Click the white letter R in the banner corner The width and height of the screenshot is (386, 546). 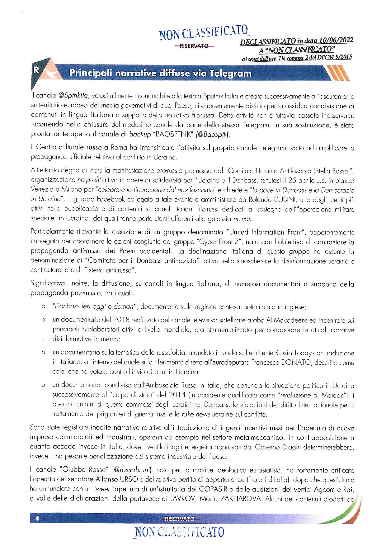click(x=36, y=70)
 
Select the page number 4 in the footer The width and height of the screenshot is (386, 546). click(x=37, y=518)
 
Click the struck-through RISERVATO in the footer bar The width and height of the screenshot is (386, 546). click(x=180, y=518)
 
